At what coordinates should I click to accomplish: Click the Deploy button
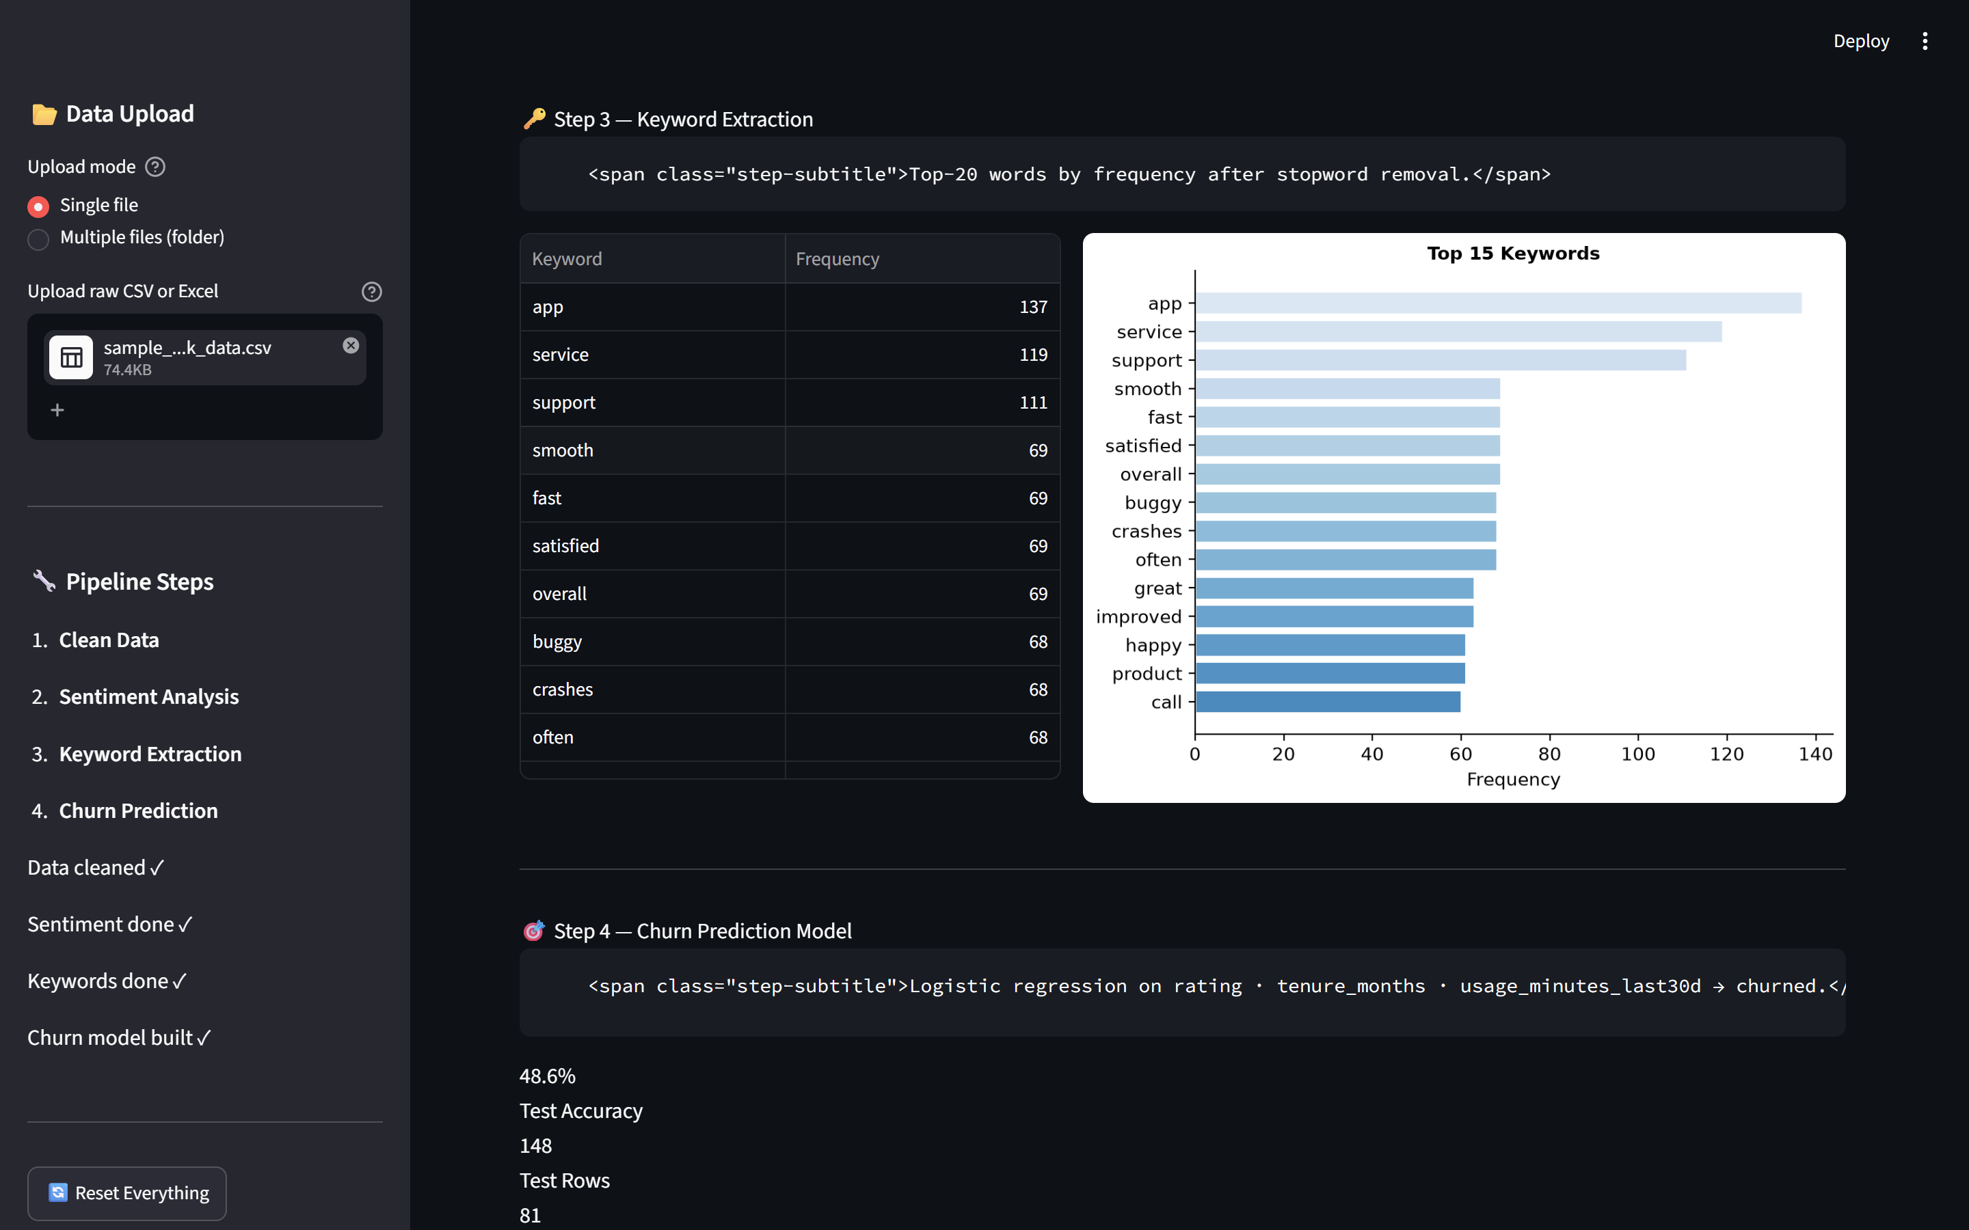(1861, 41)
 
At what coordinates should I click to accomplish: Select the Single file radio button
(38, 206)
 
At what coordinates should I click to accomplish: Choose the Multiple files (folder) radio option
(38, 239)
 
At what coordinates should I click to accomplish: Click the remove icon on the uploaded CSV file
(351, 346)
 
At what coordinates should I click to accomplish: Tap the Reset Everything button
(127, 1192)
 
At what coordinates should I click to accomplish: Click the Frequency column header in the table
(838, 259)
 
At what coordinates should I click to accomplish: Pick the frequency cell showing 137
(1032, 307)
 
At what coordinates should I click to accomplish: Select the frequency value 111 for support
(1032, 402)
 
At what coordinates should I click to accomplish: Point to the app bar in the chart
(1498, 303)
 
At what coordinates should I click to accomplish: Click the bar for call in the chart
(1328, 702)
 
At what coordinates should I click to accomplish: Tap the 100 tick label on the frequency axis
(1638, 754)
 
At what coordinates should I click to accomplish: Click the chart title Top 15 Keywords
(1512, 254)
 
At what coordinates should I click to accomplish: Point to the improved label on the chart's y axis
(1138, 616)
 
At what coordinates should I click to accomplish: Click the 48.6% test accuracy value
(548, 1076)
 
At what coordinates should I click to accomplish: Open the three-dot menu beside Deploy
(1925, 41)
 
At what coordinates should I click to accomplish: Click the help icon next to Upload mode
(155, 167)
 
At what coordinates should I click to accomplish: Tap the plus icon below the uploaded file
(57, 410)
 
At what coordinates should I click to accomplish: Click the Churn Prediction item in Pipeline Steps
(138, 811)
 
